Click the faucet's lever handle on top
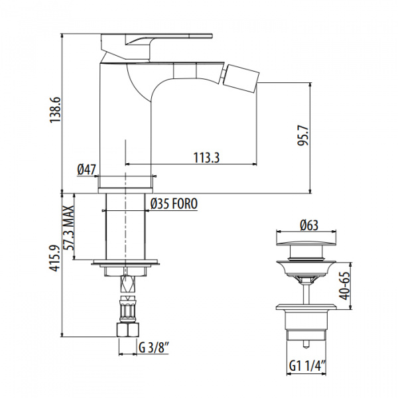pos(159,38)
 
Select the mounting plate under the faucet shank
pos(125,261)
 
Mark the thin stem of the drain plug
pos(305,289)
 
